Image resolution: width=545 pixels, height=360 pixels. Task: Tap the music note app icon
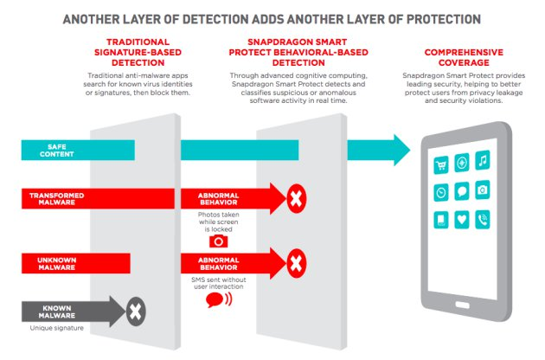(x=483, y=163)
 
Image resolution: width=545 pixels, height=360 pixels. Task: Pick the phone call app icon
(x=483, y=220)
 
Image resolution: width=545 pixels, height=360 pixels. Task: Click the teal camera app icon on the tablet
(x=483, y=191)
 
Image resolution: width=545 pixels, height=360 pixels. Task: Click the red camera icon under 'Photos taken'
(x=219, y=241)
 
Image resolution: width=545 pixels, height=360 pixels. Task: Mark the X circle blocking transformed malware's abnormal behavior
(x=296, y=200)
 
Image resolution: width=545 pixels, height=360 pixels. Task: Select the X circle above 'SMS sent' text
(x=296, y=260)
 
